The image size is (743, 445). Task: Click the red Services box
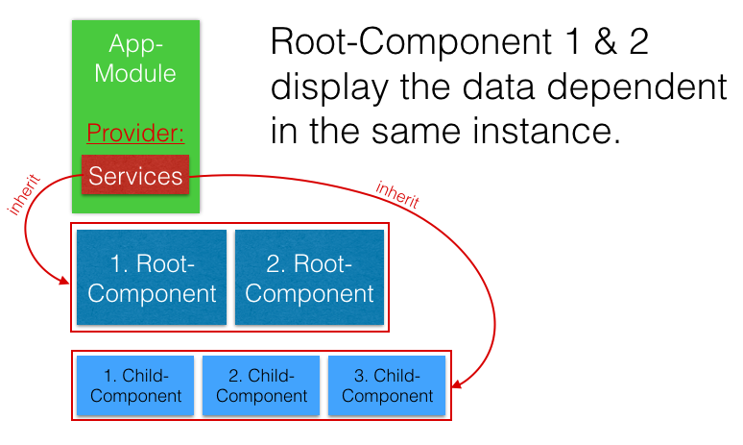pos(135,176)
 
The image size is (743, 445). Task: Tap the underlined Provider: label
pos(135,133)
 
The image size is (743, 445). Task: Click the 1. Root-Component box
pos(152,278)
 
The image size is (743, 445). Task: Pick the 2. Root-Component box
pos(309,278)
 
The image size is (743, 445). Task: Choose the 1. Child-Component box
pos(134,385)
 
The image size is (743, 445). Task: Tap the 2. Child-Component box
pos(261,385)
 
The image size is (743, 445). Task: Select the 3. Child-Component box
pos(387,385)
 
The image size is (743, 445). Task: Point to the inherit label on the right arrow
pos(397,195)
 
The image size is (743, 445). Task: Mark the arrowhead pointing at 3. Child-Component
pos(458,386)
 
